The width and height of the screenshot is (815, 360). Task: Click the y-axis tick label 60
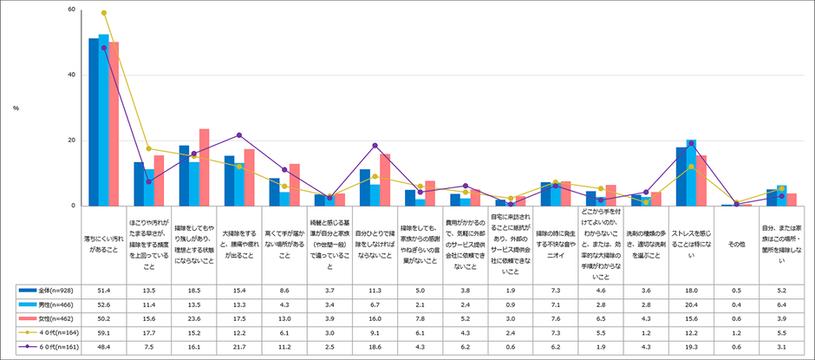(71, 10)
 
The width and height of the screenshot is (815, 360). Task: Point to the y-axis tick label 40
(71, 75)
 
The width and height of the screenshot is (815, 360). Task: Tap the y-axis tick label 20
(71, 141)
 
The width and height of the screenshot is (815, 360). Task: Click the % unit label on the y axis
(16, 108)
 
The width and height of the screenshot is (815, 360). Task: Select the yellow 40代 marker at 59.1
(104, 13)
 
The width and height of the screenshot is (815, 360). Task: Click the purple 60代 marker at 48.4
(104, 48)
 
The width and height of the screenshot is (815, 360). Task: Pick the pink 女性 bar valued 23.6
(205, 167)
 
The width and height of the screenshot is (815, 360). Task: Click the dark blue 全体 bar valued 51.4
(94, 121)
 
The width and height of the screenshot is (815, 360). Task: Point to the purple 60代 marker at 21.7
(239, 135)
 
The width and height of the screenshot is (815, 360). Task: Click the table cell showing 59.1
(104, 332)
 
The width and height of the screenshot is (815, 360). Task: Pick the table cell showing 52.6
(104, 304)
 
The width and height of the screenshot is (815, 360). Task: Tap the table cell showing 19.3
(691, 346)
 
